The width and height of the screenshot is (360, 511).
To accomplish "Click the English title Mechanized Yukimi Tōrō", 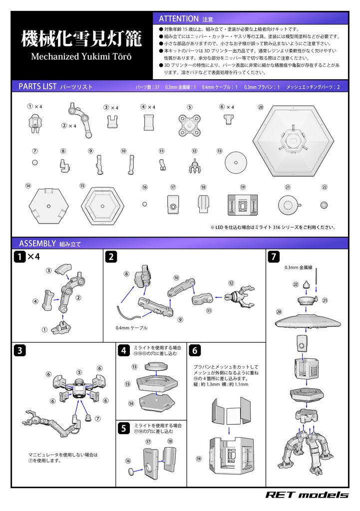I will pyautogui.click(x=81, y=56).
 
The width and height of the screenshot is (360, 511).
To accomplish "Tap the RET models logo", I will pyautogui.click(x=306, y=495).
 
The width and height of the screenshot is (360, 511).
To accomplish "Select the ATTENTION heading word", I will pyautogui.click(x=179, y=18).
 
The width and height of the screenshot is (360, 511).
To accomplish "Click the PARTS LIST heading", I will pyautogui.click(x=37, y=86).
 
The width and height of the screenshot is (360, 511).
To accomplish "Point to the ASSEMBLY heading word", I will pyautogui.click(x=36, y=244).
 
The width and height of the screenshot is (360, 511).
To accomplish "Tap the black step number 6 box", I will pyautogui.click(x=195, y=350).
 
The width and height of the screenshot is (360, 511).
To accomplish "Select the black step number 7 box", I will pyautogui.click(x=274, y=257).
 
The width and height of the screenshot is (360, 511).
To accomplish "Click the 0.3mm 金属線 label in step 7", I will pyautogui.click(x=298, y=268).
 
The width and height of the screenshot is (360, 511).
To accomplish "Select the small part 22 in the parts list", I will pyautogui.click(x=324, y=205).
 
